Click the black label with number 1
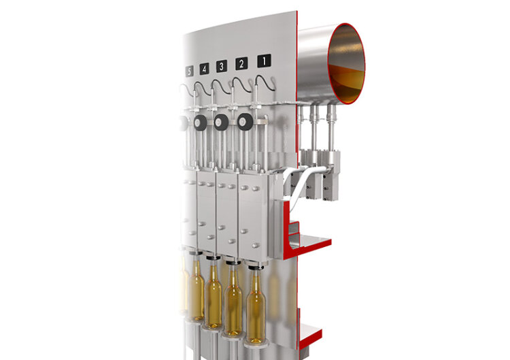tap(264, 61)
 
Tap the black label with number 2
tap(241, 63)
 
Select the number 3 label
tap(222, 67)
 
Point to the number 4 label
tap(204, 69)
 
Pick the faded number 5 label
tap(189, 71)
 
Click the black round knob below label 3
tap(221, 122)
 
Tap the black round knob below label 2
tap(245, 122)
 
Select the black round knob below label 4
tap(200, 122)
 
